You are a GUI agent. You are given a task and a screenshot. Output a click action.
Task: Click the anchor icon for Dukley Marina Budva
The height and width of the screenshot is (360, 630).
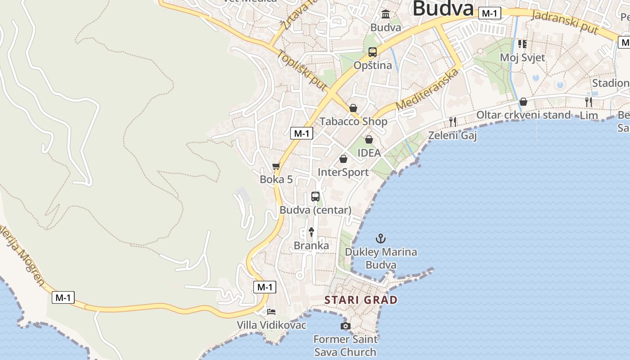[381, 238]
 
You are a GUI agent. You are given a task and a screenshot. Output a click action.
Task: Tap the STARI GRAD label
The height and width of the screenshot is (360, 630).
[361, 300]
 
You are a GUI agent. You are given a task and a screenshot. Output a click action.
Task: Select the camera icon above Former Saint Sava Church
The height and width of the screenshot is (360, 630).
[345, 326]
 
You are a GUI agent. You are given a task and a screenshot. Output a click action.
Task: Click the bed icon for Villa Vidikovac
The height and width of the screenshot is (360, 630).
[271, 311]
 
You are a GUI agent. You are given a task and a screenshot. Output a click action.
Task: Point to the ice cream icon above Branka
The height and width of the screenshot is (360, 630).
[311, 232]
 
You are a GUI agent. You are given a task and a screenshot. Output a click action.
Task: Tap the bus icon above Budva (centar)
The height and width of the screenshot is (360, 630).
[315, 196]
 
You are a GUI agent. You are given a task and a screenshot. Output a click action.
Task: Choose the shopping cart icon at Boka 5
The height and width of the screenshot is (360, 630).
[276, 166]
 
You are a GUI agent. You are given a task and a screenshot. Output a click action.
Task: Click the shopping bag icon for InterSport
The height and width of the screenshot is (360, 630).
[343, 159]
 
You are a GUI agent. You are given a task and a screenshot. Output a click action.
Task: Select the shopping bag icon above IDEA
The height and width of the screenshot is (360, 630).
[369, 139]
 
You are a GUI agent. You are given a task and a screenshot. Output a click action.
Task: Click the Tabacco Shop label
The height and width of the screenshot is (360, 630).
[353, 121]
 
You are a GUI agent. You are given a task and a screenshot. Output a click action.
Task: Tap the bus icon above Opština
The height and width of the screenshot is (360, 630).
[373, 52]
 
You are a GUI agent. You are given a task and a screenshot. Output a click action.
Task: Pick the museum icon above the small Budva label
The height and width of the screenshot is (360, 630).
[386, 14]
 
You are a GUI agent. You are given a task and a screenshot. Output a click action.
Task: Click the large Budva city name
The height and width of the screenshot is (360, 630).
[443, 8]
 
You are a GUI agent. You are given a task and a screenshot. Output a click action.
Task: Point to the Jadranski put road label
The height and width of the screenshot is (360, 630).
[565, 21]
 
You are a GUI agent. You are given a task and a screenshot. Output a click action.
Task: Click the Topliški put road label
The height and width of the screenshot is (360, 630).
[301, 70]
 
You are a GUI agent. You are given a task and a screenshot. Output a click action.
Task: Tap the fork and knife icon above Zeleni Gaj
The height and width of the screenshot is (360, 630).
[453, 121]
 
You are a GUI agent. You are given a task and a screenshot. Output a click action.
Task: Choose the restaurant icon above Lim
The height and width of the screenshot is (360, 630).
[588, 102]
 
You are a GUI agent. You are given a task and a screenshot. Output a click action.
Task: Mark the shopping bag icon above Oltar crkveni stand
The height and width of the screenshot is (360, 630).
[523, 102]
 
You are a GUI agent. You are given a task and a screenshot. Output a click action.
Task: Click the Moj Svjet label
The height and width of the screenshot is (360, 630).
[522, 58]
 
